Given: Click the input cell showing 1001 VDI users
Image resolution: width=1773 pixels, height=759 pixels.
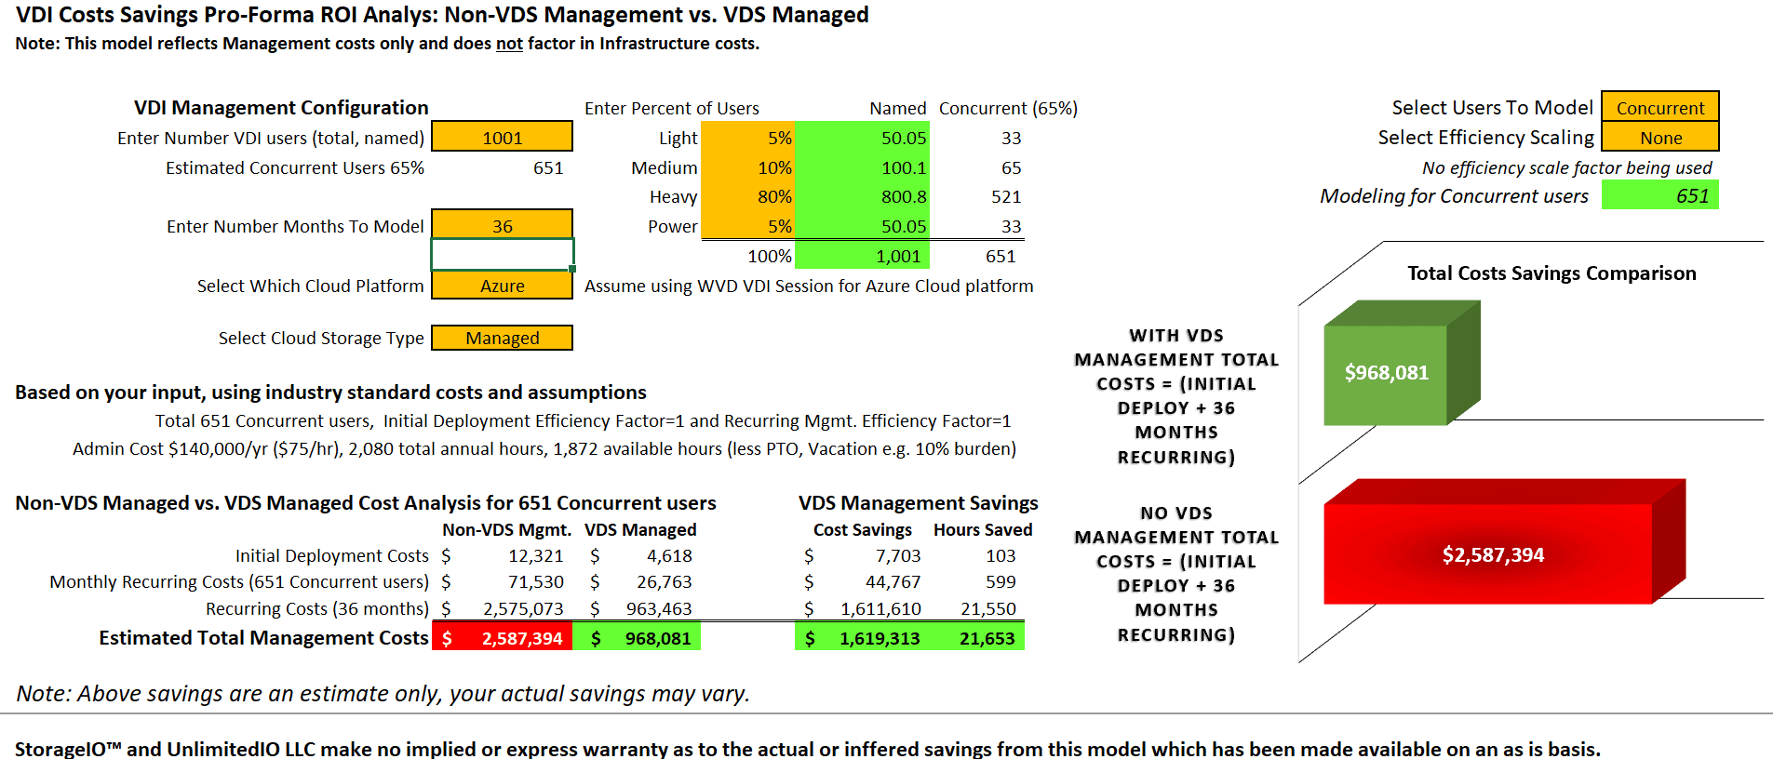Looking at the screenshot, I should tap(502, 137).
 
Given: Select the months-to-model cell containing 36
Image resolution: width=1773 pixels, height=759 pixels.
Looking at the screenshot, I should tap(502, 226).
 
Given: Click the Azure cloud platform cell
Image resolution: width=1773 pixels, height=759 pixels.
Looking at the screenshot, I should tap(502, 286).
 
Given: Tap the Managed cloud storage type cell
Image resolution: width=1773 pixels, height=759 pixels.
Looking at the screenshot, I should tap(502, 338).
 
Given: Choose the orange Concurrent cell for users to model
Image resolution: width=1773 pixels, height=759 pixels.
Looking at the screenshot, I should tap(1659, 107).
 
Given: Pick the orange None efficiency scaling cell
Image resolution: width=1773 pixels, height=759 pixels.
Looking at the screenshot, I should tap(1659, 138).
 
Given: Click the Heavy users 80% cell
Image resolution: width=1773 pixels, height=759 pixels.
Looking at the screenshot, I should tap(747, 196).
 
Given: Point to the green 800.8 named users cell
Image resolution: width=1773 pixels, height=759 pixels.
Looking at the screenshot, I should tap(862, 196).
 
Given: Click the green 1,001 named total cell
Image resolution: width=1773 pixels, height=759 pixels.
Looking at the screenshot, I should tap(862, 256).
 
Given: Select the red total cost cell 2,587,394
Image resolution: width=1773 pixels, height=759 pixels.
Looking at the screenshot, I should tap(503, 638).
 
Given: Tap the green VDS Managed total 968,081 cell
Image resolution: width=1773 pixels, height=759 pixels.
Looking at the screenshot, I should tap(637, 638).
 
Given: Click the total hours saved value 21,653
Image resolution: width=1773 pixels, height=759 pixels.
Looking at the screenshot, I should tap(987, 638).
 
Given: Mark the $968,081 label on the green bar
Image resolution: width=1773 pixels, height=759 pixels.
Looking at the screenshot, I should tap(1386, 372).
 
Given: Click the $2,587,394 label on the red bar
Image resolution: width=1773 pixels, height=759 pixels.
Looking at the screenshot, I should tap(1493, 554).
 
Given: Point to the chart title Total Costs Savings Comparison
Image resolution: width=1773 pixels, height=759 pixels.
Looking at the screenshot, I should tap(1551, 273).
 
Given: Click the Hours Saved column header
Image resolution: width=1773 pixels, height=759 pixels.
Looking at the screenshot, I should tap(983, 529).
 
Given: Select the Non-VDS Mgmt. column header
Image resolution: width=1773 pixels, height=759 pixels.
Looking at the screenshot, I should tap(506, 529).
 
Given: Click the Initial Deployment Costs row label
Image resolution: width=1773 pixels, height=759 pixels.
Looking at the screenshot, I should tap(331, 555).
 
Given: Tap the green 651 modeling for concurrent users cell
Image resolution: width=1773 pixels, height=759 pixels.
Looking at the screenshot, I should tap(1659, 195).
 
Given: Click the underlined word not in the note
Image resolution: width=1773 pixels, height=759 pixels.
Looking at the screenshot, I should tap(509, 43).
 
